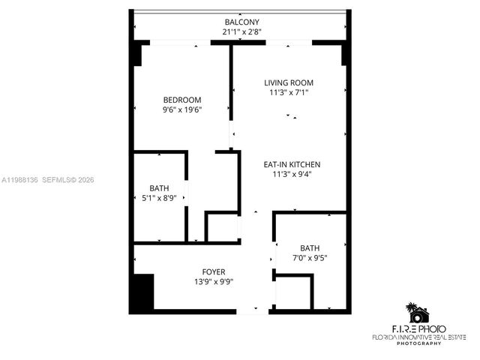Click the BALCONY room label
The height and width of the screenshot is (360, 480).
241,22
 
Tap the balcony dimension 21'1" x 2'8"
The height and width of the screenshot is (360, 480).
241,32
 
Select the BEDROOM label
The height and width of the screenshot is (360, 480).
182,100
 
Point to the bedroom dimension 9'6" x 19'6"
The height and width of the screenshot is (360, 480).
182,109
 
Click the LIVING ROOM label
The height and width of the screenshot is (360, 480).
289,82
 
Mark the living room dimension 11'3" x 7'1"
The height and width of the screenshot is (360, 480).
289,92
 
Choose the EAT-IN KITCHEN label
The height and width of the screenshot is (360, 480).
292,164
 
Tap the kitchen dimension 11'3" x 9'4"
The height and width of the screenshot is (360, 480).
292,174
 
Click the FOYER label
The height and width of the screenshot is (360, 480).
214,271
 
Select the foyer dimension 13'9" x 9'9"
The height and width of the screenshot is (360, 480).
214,282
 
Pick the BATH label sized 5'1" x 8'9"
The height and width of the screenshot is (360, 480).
159,188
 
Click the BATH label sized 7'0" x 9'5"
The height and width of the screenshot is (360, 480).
309,248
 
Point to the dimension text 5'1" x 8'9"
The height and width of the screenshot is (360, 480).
159,198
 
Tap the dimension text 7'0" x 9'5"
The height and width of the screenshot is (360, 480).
309,258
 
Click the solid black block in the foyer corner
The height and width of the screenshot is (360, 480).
141,293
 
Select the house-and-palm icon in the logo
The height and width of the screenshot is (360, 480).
417,313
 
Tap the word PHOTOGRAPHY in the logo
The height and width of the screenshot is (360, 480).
419,343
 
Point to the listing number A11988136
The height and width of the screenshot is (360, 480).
19,180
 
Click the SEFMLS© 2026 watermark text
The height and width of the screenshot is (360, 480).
67,180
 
